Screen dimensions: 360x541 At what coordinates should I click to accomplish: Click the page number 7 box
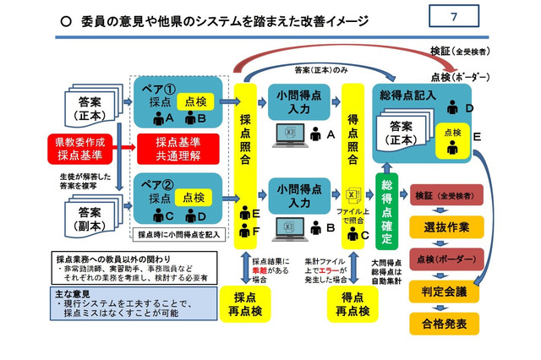pos(454,17)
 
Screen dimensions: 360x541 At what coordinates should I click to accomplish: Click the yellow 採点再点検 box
pos(246,303)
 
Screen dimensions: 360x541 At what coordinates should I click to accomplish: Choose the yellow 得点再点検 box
pos(352,303)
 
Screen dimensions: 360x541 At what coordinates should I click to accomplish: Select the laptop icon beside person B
pos(292,226)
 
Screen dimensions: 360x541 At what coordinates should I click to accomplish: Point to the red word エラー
pos(350,272)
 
